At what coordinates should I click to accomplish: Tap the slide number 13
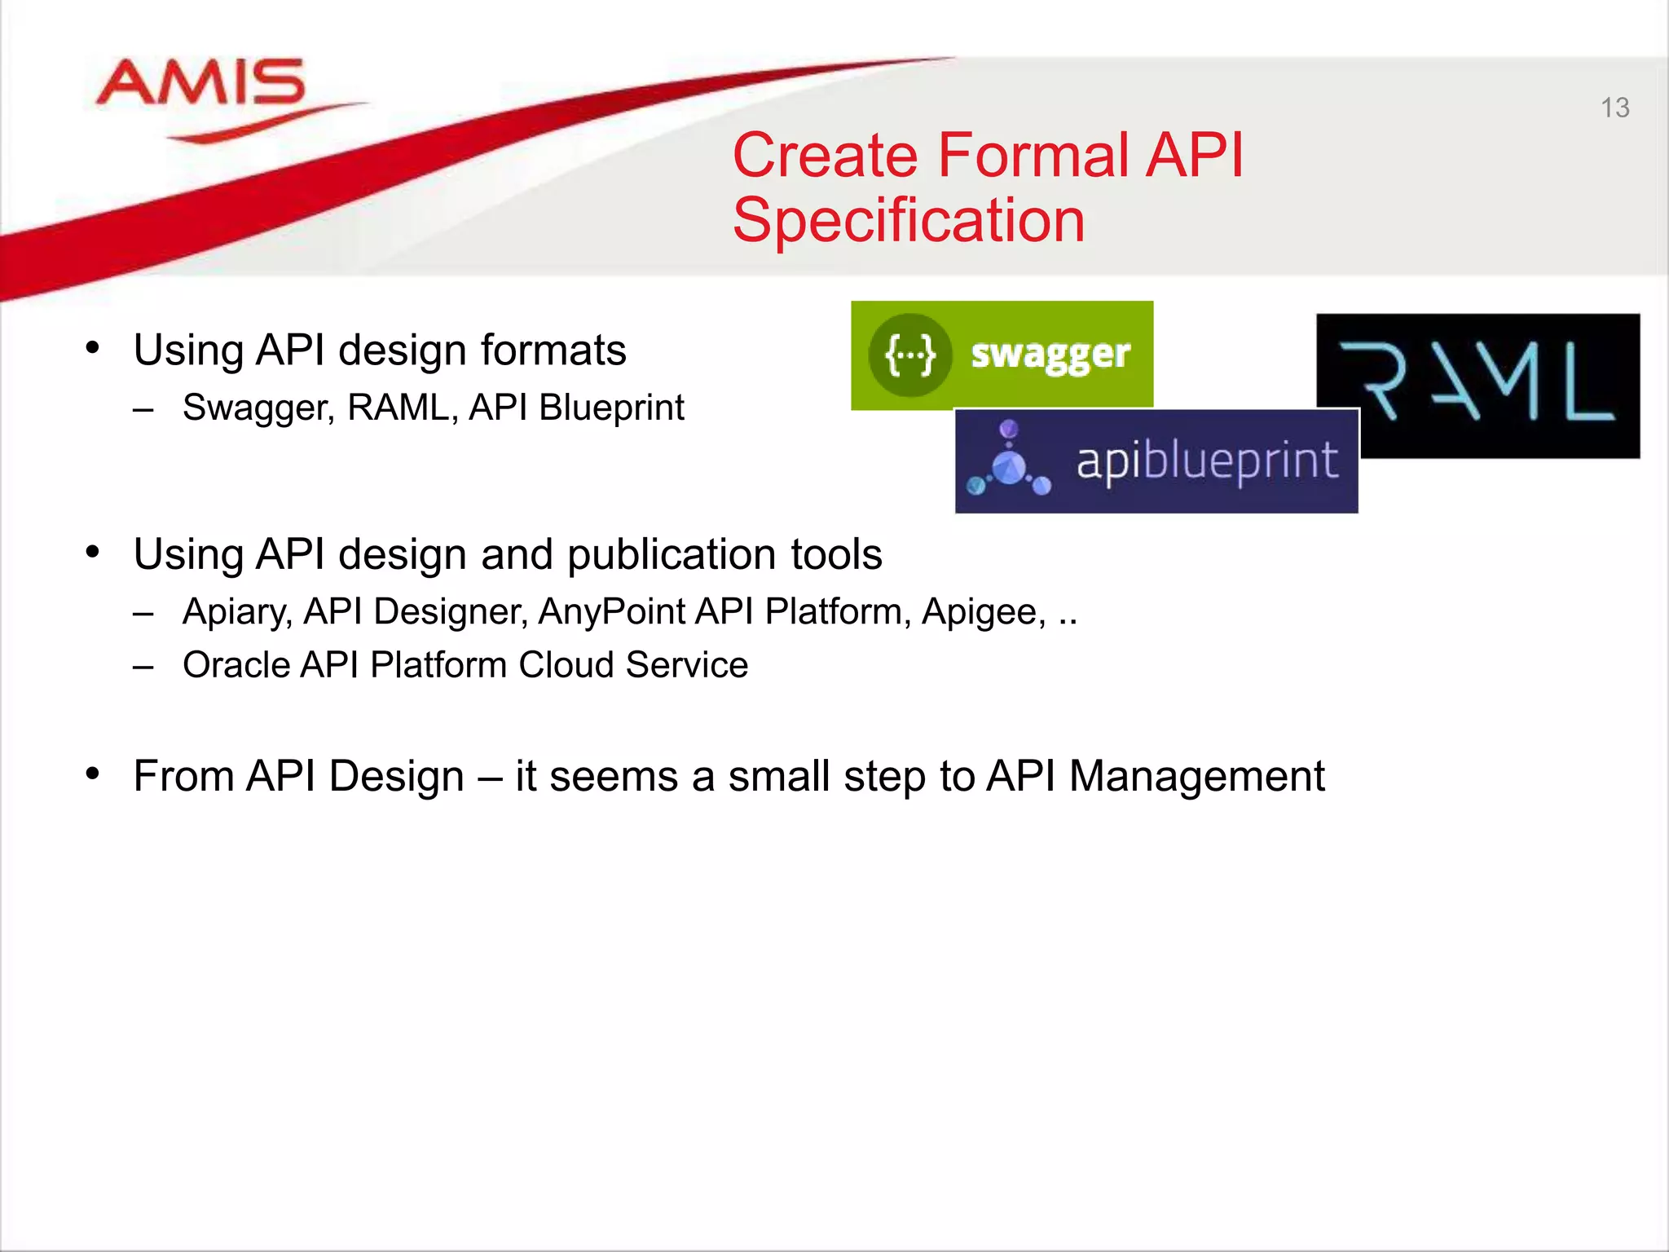pos(1614,108)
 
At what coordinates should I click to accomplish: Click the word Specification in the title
pos(908,221)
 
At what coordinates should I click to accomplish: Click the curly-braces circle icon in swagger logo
pos(910,355)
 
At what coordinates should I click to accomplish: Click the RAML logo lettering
pos(1477,381)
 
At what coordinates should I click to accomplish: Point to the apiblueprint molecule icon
pos(1009,462)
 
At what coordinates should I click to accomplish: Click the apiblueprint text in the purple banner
pos(1207,461)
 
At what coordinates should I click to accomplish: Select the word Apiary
pos(236,612)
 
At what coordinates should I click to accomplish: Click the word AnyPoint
pos(612,612)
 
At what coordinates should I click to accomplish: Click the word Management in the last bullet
pos(1196,776)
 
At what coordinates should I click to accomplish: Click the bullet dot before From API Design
pos(93,773)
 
